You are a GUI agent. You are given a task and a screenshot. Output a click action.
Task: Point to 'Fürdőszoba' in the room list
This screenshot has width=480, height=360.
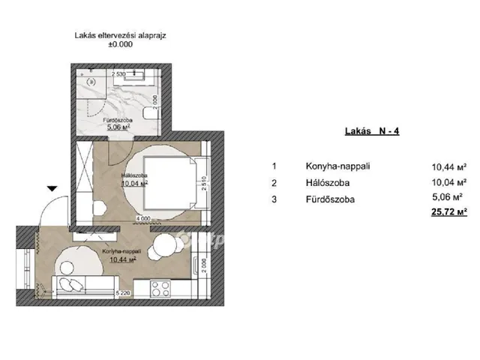330,199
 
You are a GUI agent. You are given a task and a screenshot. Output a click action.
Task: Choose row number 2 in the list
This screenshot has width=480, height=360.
275,182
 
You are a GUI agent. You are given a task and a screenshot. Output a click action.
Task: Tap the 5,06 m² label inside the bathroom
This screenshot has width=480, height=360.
120,127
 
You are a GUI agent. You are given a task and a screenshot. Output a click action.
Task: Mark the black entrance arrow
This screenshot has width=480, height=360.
51,189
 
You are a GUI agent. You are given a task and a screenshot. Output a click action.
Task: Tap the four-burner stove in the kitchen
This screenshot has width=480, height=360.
160,286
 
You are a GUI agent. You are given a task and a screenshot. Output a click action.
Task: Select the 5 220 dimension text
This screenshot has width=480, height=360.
124,292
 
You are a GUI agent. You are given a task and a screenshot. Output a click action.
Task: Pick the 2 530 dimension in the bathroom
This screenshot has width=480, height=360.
120,74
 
